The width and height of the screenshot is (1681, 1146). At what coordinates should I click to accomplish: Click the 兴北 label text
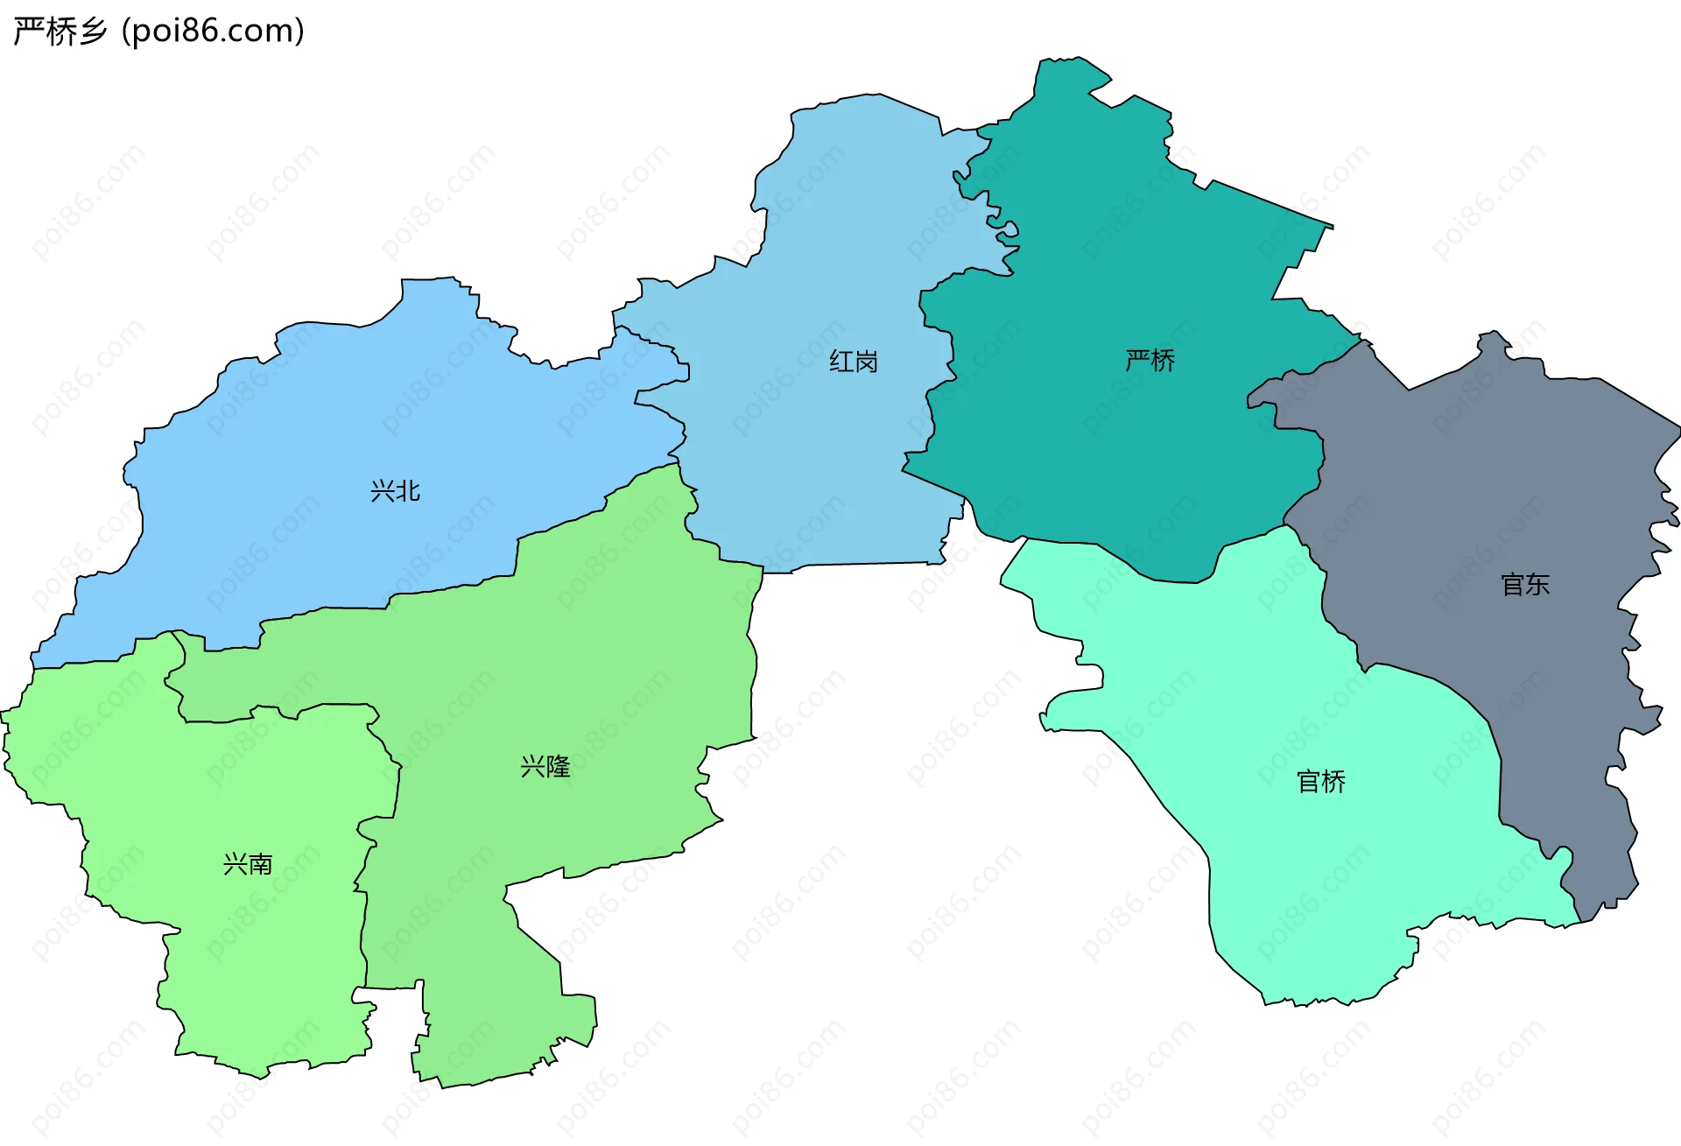tap(395, 491)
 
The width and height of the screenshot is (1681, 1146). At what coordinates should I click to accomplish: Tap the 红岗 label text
tap(853, 362)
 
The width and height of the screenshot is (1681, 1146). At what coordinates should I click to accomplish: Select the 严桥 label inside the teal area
tap(1150, 360)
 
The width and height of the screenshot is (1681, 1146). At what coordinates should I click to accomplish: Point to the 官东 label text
tap(1524, 585)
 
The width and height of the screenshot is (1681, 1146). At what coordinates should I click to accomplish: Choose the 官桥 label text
tap(1320, 781)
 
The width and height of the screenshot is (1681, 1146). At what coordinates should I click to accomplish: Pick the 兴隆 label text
tap(545, 767)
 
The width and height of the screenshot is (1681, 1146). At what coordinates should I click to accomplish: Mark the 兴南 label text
tap(248, 864)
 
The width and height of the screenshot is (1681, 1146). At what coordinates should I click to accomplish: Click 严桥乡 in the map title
tap(60, 31)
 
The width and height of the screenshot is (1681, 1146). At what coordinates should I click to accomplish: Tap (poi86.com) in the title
tap(213, 31)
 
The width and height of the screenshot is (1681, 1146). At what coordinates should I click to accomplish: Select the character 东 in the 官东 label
tap(1537, 585)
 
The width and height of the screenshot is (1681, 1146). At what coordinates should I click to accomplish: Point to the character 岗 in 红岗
tap(866, 362)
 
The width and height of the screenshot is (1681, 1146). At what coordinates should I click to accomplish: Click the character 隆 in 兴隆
tap(558, 767)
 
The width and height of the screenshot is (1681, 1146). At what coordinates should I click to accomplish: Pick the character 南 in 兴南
tap(261, 864)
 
